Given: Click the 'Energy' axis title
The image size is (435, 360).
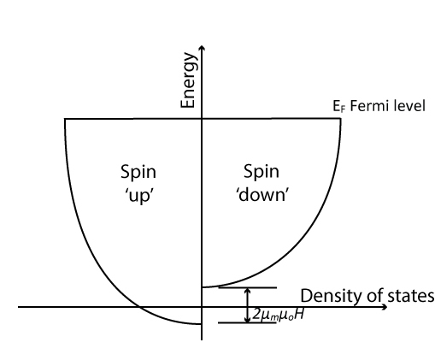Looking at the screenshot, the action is (x=189, y=80).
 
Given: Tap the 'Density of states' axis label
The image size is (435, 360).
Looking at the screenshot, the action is (x=367, y=296).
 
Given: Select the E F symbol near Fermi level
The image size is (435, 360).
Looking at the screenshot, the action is (x=338, y=107).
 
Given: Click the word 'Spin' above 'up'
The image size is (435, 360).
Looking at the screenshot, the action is (x=138, y=173).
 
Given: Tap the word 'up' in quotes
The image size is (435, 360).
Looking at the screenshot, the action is (x=139, y=196).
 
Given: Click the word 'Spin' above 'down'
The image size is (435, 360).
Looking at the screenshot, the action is (x=262, y=172).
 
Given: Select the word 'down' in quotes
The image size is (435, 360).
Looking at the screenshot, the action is (x=262, y=195).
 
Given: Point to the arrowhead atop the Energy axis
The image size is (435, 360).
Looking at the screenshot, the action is (x=202, y=48).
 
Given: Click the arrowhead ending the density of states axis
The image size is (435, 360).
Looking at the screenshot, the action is (x=385, y=307).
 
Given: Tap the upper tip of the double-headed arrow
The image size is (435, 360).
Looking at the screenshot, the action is (x=248, y=288).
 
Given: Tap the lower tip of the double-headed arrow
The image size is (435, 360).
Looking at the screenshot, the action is (x=248, y=322).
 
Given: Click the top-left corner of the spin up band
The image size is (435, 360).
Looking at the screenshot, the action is (x=65, y=119).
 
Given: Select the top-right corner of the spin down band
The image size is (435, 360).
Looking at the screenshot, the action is (x=340, y=119).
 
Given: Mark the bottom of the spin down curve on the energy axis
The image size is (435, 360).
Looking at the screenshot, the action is (x=202, y=287).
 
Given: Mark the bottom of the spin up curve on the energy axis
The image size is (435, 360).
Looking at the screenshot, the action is (x=202, y=324).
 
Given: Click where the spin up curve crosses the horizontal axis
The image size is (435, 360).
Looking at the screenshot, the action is (x=139, y=307).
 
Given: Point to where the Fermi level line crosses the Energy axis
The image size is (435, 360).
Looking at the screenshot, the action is (x=202, y=119).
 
